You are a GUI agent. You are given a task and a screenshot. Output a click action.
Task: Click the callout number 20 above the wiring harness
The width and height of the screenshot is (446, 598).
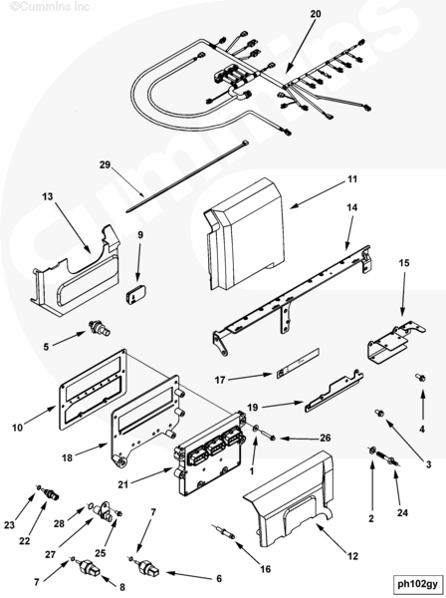(x=316, y=14)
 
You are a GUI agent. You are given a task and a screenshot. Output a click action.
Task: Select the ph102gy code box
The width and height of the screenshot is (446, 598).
(x=417, y=583)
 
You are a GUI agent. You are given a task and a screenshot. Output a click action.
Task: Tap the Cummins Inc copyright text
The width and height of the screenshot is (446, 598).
(x=50, y=7)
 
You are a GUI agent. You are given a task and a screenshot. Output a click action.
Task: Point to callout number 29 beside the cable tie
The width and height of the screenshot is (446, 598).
(x=105, y=164)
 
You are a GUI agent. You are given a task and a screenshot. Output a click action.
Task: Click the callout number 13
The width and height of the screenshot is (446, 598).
(x=48, y=196)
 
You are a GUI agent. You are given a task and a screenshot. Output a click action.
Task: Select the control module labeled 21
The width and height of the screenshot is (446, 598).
(x=210, y=453)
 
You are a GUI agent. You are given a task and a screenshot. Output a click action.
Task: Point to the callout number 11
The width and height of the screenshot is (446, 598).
(x=352, y=178)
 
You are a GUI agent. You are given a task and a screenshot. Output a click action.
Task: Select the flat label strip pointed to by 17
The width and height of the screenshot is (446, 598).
(x=298, y=363)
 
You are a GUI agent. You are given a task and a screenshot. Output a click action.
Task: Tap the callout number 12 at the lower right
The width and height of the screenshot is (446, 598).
(x=353, y=556)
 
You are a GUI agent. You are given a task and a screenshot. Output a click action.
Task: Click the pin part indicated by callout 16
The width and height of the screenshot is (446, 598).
(x=224, y=531)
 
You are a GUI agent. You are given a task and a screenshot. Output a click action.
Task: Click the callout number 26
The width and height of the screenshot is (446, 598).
(x=325, y=438)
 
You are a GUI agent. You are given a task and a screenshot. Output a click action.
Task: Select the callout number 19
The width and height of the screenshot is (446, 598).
(x=252, y=407)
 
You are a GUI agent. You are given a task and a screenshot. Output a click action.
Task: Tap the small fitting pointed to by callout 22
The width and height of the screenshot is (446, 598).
(x=51, y=493)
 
